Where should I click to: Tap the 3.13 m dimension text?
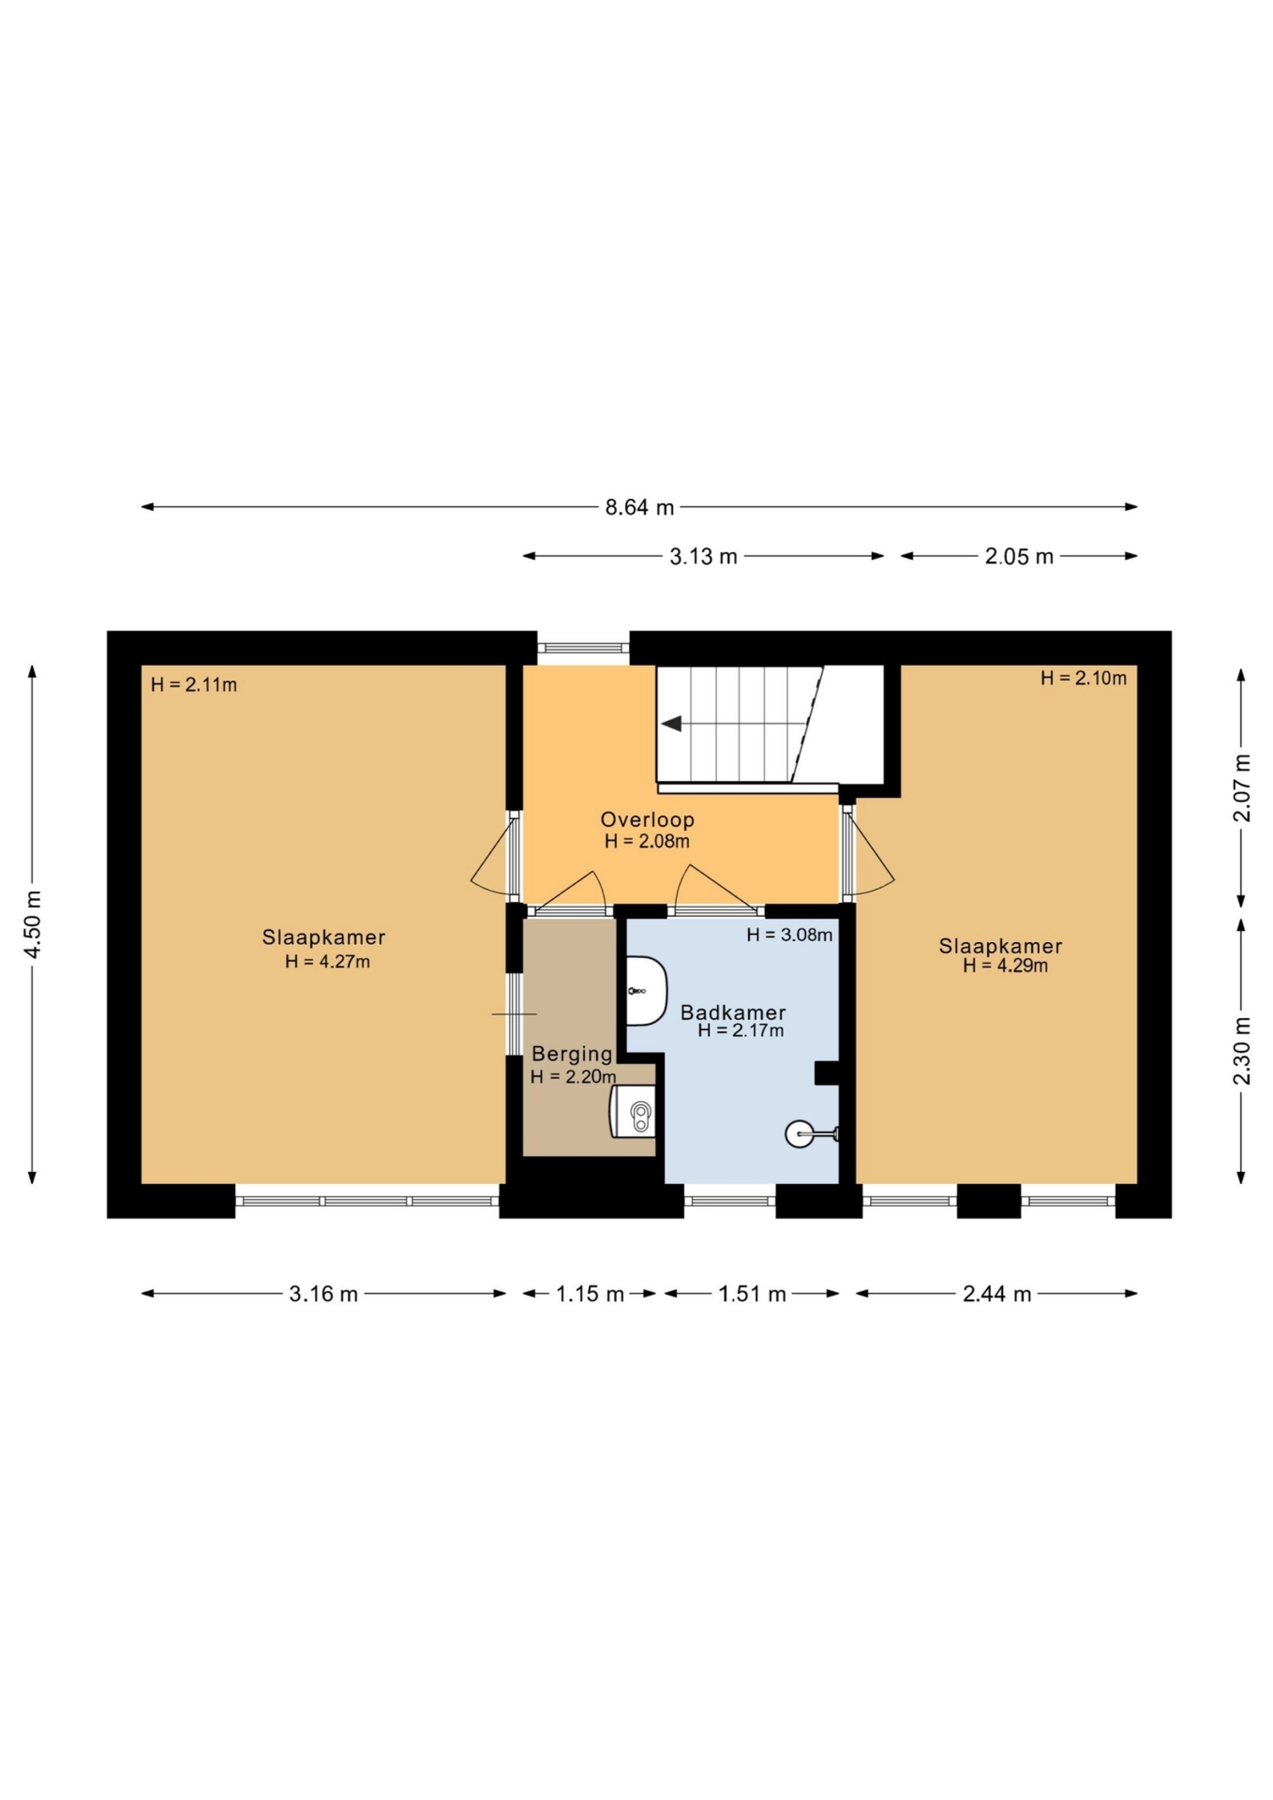[703, 556]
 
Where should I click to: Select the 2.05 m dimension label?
[1018, 556]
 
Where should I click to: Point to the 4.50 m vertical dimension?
[32, 925]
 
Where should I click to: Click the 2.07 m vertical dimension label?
[1242, 787]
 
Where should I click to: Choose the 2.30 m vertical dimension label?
[1242, 1050]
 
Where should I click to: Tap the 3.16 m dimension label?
[323, 1293]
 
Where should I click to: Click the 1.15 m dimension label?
[589, 1293]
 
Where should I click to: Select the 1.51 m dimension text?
[752, 1293]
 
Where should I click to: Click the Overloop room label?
[648, 820]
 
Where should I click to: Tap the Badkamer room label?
[733, 1012]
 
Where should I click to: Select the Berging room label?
[571, 1054]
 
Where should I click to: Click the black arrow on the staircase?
[672, 724]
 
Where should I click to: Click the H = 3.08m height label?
[789, 935]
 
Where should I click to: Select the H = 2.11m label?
[194, 685]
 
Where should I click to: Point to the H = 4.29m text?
[1005, 966]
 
